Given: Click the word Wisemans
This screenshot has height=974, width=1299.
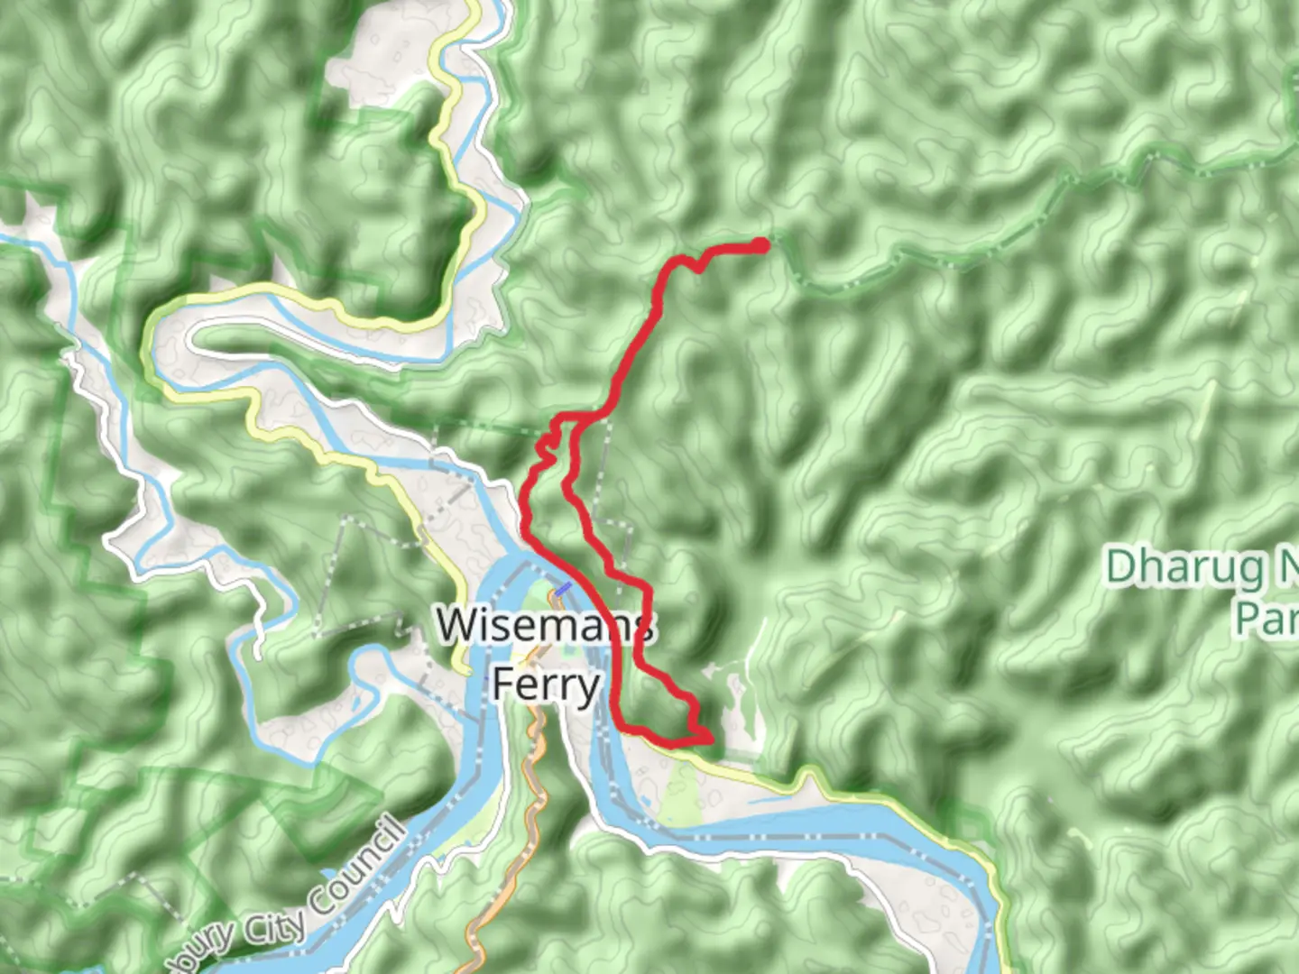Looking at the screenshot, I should click(x=545, y=625).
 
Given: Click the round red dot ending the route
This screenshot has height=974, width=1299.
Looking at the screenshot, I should click(x=762, y=244).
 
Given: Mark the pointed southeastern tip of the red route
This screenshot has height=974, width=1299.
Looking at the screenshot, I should click(x=710, y=740).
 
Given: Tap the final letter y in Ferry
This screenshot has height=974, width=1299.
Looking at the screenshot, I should click(x=588, y=687).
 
